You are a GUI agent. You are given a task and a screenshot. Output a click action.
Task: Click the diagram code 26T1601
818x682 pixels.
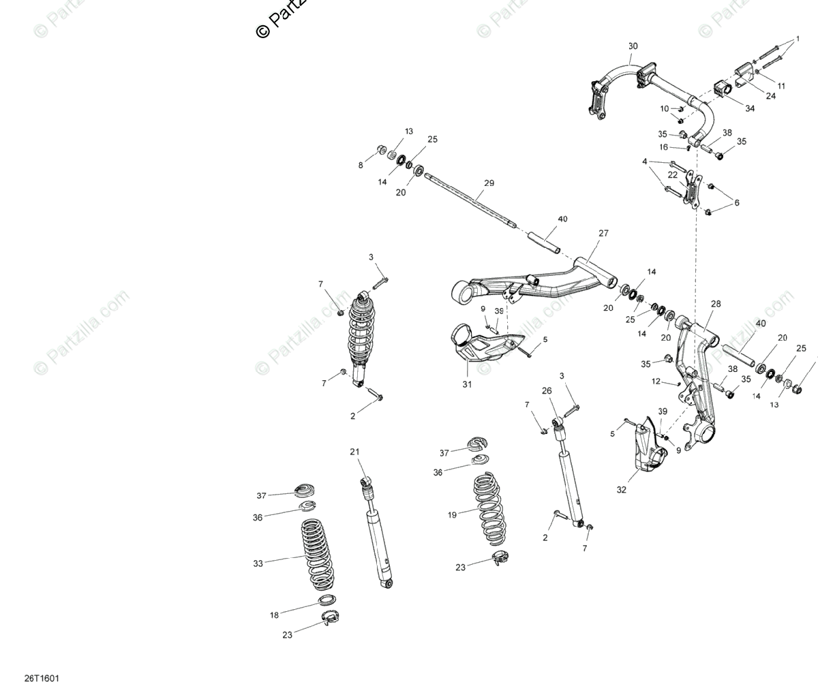coord(42,678)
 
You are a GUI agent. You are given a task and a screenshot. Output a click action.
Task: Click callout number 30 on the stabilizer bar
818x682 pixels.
coord(633,46)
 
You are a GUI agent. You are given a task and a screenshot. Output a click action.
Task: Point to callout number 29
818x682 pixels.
coord(489,183)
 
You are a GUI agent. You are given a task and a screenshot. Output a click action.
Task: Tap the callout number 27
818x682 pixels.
coord(603,233)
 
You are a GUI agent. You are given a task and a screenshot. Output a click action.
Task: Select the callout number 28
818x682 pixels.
coord(715,304)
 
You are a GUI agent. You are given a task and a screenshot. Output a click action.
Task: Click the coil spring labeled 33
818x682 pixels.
coord(318,555)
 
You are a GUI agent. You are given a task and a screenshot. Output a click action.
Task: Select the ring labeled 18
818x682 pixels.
coord(327,600)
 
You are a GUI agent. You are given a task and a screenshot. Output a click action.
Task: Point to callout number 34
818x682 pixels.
coord(750,108)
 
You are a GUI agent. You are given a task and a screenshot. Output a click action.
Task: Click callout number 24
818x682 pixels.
coord(770,96)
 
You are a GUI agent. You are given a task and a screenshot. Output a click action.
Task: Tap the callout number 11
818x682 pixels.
coord(781,87)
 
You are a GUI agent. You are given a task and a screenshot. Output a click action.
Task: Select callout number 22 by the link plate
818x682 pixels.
coord(673,175)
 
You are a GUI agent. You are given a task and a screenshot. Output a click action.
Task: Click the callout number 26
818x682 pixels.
coord(546,391)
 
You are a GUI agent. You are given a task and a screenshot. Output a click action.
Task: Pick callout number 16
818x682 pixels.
coord(663,147)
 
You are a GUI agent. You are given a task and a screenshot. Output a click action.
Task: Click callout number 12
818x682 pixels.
coord(656,382)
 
